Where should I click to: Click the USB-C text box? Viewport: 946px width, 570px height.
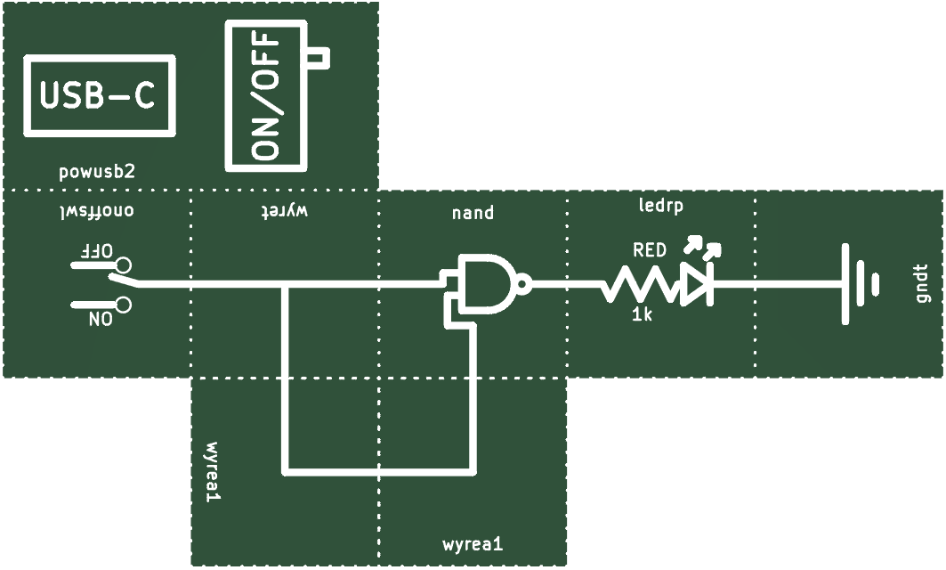[100, 95]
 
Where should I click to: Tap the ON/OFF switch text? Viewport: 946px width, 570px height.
[266, 95]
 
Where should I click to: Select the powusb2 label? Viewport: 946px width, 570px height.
[97, 172]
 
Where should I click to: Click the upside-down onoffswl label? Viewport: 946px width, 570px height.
[96, 211]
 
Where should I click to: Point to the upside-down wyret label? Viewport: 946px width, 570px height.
[285, 211]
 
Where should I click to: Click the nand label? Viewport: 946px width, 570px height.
[473, 213]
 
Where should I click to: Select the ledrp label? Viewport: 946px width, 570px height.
[661, 206]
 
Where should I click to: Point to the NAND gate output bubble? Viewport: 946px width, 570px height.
[523, 283]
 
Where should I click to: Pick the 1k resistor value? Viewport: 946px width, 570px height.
[642, 314]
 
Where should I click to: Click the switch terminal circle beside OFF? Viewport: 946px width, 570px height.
[124, 265]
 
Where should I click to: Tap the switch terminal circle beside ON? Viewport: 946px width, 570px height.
[124, 305]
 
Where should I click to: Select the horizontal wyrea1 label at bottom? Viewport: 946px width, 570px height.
[473, 544]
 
